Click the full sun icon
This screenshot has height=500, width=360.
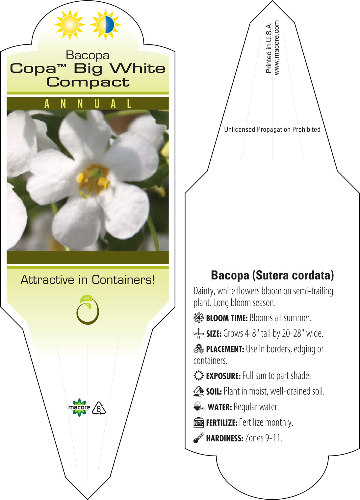coord(70,25)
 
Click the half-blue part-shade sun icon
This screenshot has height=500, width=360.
coord(105,25)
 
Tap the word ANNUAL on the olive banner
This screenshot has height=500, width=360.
coord(88,104)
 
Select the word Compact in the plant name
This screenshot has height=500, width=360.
coord(88,82)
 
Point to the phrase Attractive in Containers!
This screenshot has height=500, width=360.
coord(88,280)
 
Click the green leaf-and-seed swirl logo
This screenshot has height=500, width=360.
coord(88,310)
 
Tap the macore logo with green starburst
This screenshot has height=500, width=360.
coord(79,408)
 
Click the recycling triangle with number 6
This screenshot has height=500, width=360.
coord(99,408)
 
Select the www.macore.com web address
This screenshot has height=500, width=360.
coord(276,48)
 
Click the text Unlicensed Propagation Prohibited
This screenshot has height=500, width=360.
coord(272,129)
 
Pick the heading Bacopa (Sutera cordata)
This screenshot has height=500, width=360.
coord(272,275)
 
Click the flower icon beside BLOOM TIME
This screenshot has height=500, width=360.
coord(198,318)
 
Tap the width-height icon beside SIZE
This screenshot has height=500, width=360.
coord(198,333)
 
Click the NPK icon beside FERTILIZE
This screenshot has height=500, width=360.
coord(198,423)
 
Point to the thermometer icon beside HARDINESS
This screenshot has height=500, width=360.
coord(198,438)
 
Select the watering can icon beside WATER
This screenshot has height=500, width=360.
coord(199,407)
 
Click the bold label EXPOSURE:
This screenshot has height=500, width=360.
coord(223,376)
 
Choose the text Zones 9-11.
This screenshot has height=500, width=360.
coord(263,438)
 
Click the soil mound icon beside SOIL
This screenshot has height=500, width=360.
coord(198,391)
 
